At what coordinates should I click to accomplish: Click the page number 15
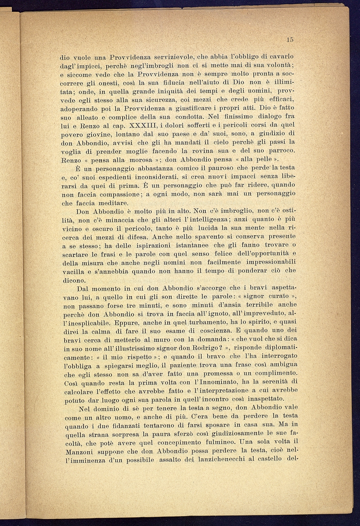[290, 40]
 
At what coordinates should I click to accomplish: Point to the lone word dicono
[74, 280]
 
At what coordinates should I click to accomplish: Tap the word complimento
[269, 373]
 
